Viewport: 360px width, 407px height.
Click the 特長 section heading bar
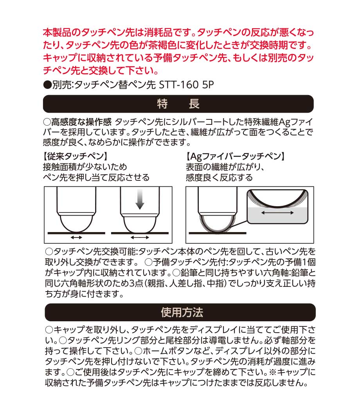pos(178,104)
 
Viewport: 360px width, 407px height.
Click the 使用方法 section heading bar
pos(180,312)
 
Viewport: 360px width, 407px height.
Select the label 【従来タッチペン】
pos(75,156)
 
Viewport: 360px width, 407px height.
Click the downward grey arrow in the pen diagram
pos(140,199)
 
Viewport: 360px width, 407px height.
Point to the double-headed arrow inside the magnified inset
pos(277,213)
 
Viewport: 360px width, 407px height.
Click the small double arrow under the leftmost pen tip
pos(76,237)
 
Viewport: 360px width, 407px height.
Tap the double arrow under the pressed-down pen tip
pos(140,237)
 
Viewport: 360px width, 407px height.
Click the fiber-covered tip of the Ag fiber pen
pos(218,224)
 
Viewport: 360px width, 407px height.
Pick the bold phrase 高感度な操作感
pos(81,121)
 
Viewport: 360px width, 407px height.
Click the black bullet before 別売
pos(47,85)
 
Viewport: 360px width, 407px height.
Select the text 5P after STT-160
pos(208,85)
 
